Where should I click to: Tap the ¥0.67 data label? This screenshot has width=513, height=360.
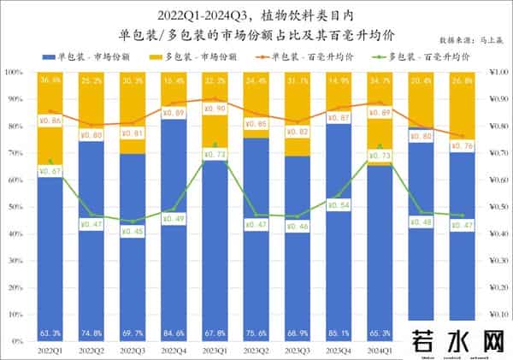coord(50,171)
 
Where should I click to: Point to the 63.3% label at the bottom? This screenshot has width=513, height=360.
coord(50,333)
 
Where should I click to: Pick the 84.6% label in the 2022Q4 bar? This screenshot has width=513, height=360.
coord(174,333)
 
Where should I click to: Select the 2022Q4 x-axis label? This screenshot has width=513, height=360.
coord(174,350)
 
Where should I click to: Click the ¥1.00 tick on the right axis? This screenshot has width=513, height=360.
coord(493,73)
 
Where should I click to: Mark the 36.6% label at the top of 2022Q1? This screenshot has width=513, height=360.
coord(50,80)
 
